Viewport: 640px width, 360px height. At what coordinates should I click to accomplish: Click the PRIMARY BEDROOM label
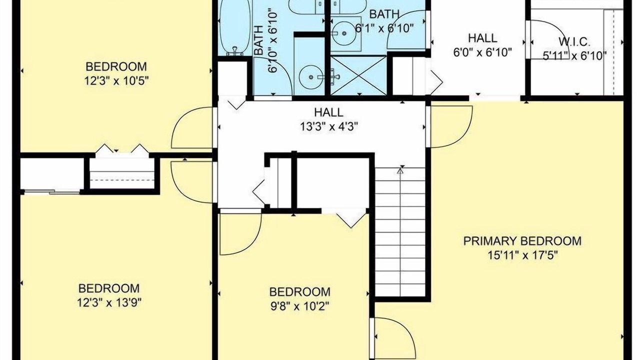click(522, 241)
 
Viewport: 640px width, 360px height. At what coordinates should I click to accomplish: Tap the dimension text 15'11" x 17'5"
click(522, 255)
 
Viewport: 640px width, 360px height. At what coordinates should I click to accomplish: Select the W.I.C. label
click(574, 42)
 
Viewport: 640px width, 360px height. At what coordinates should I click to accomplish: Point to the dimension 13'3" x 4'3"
click(329, 126)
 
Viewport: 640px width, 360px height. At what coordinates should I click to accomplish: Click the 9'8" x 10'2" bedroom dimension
click(299, 306)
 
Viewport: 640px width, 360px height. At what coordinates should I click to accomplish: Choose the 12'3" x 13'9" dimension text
click(109, 302)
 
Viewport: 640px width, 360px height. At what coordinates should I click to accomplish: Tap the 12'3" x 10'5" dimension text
click(116, 81)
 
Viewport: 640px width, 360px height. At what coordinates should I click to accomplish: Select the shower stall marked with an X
click(358, 75)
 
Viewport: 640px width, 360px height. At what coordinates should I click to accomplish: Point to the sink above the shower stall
click(344, 33)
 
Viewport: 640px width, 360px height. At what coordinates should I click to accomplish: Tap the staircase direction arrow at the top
click(400, 171)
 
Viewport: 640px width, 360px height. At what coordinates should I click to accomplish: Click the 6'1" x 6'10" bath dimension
click(384, 28)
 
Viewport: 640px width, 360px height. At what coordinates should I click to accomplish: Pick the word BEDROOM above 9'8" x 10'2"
click(299, 292)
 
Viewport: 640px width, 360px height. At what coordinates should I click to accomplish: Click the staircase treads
click(400, 232)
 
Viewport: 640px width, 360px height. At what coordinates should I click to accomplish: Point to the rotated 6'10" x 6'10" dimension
click(273, 42)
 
